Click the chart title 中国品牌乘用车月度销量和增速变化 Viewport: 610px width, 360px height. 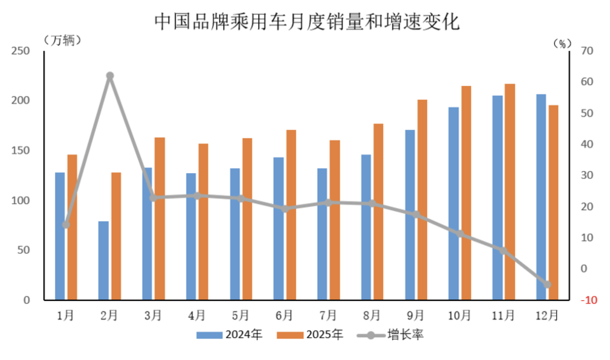pyautogui.click(x=307, y=22)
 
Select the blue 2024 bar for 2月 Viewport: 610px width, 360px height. pyautogui.click(x=103, y=260)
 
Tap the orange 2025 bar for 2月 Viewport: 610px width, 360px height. pyautogui.click(x=116, y=236)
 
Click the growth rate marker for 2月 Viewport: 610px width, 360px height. pyautogui.click(x=110, y=76)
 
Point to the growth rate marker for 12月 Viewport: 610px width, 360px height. pyautogui.click(x=547, y=284)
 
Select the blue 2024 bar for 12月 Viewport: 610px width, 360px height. pyautogui.click(x=541, y=197)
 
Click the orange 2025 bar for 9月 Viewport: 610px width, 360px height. pyautogui.click(x=422, y=200)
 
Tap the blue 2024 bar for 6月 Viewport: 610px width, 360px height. pyautogui.click(x=278, y=228)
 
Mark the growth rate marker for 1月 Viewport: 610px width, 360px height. pyautogui.click(x=66, y=225)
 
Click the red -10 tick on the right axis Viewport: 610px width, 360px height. pyautogui.click(x=588, y=300)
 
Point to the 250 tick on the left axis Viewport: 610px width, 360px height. pyautogui.click(x=20, y=51)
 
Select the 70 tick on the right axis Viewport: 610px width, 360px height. pyautogui.click(x=587, y=51)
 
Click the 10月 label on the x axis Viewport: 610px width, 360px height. pyautogui.click(x=459, y=316)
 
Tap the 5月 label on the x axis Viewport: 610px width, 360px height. pyautogui.click(x=240, y=316)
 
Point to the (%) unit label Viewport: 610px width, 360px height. pyautogui.click(x=562, y=44)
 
